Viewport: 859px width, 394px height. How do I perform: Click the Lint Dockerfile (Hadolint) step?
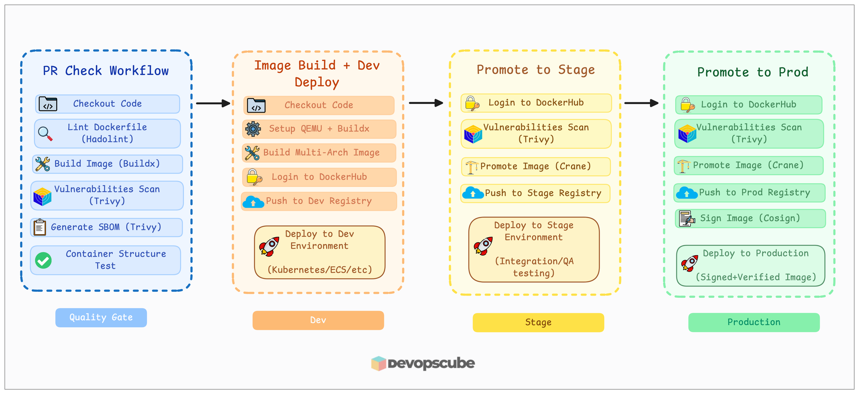pyautogui.click(x=107, y=133)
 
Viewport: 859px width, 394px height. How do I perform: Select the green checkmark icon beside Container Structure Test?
pyautogui.click(x=43, y=260)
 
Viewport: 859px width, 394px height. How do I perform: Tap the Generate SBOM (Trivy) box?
pyautogui.click(x=107, y=227)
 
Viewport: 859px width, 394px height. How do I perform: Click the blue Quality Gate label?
pyautogui.click(x=101, y=318)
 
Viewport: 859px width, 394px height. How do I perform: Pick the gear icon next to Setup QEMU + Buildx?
pyautogui.click(x=253, y=129)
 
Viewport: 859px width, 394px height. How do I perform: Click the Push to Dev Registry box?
pyautogui.click(x=319, y=201)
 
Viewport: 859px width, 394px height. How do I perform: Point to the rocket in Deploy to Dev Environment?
pyautogui.click(x=269, y=247)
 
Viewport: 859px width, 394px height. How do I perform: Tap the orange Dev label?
pyautogui.click(x=318, y=320)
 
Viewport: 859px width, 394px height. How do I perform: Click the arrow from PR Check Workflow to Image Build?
pyautogui.click(x=213, y=103)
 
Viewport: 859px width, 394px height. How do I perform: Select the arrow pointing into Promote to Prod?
pyautogui.click(x=641, y=103)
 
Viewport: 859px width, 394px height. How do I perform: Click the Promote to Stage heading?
pyautogui.click(x=536, y=70)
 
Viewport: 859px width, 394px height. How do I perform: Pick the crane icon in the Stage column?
pyautogui.click(x=472, y=167)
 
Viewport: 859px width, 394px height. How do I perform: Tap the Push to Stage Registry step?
pyautogui.click(x=536, y=193)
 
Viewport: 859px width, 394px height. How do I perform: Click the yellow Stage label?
pyautogui.click(x=538, y=322)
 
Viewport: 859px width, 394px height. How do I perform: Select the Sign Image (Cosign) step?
pyautogui.click(x=750, y=218)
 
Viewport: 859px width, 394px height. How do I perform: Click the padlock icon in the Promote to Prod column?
pyautogui.click(x=687, y=105)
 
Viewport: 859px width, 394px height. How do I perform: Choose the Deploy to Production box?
pyautogui.click(x=750, y=266)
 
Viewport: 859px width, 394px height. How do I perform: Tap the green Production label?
pyautogui.click(x=754, y=322)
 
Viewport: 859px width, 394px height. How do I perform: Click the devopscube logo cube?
pyautogui.click(x=378, y=363)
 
